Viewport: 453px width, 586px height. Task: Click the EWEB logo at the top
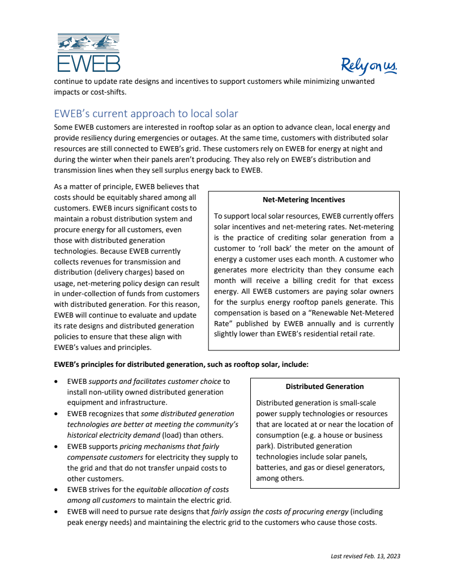point(88,53)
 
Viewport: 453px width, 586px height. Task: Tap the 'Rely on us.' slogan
point(369,66)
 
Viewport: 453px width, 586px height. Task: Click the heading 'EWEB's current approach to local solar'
point(146,113)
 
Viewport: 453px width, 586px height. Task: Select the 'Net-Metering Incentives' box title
point(304,200)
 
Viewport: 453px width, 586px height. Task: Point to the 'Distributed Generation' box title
point(324,387)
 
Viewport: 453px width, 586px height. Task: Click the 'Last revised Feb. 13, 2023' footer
point(365,556)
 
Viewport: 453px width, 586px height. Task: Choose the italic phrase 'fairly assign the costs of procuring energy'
point(280,512)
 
